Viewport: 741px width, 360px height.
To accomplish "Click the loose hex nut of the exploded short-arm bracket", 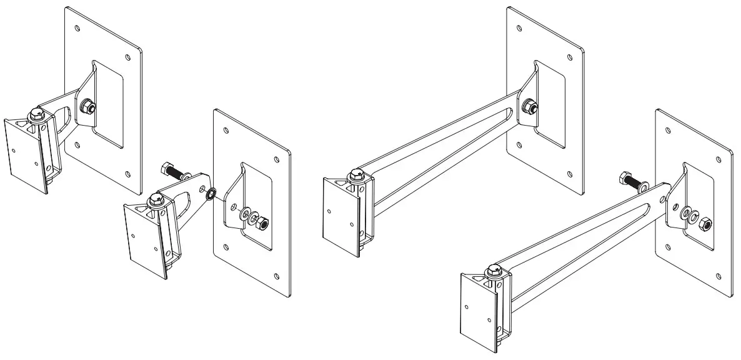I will coord(263,222).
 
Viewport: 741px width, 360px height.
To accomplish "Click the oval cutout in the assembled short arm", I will coord(62,119).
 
